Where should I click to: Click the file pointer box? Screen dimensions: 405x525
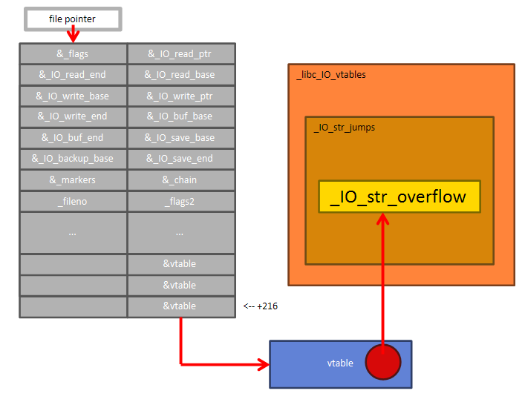point(72,19)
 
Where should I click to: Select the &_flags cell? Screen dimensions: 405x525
point(73,54)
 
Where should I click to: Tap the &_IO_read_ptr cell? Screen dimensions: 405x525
point(181,54)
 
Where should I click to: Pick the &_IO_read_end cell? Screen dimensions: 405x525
point(73,75)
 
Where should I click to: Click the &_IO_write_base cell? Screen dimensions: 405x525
point(73,96)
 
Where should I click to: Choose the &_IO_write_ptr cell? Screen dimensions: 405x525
point(181,96)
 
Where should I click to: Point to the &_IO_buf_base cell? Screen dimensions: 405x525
point(181,116)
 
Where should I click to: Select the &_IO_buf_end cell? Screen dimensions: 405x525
point(73,138)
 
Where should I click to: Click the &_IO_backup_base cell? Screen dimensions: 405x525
point(73,159)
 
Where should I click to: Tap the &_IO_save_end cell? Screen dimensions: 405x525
point(181,159)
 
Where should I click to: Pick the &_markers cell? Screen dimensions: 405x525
point(73,180)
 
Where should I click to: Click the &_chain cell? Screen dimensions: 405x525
point(181,180)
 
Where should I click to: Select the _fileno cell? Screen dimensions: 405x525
point(73,201)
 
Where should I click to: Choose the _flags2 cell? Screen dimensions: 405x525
point(181,201)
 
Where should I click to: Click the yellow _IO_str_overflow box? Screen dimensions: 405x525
point(399,197)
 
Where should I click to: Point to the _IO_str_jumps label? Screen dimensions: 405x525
point(345,128)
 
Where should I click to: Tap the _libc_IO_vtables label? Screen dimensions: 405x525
point(331,75)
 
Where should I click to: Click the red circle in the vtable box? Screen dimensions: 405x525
point(382,362)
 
